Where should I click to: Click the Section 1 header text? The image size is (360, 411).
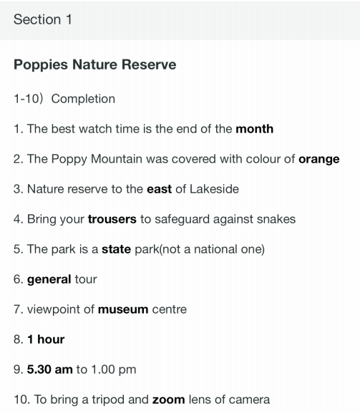43,19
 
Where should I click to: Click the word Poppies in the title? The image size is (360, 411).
41,65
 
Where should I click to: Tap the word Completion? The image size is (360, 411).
83,100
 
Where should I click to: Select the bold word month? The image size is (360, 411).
254,129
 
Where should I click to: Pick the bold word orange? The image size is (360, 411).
319,160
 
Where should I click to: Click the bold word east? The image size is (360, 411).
160,189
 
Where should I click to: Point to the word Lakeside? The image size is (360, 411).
214,189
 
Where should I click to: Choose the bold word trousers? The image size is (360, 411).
112,219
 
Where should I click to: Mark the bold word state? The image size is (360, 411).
117,249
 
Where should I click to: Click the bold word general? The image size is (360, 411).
49,280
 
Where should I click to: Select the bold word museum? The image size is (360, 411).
123,309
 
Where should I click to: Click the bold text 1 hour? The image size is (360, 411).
46,339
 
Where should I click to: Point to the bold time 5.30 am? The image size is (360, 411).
50,369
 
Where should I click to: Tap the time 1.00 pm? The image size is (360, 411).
114,370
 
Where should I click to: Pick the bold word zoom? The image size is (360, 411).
169,400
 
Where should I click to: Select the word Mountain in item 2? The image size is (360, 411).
117,159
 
